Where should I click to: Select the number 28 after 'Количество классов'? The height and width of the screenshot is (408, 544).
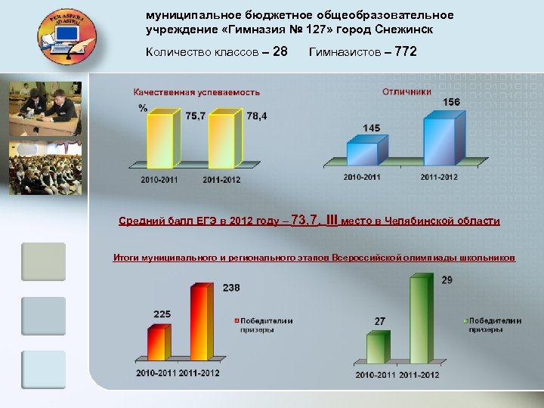point(280,52)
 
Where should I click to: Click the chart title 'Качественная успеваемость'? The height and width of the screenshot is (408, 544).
point(196,92)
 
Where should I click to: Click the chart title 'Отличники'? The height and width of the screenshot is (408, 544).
point(407,91)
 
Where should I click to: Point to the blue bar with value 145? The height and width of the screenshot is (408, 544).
point(366,152)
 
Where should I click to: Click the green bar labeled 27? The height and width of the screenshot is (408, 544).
point(376,349)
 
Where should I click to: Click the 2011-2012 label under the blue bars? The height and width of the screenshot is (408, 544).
point(440,177)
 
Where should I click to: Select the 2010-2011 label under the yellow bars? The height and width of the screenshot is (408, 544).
point(161,180)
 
